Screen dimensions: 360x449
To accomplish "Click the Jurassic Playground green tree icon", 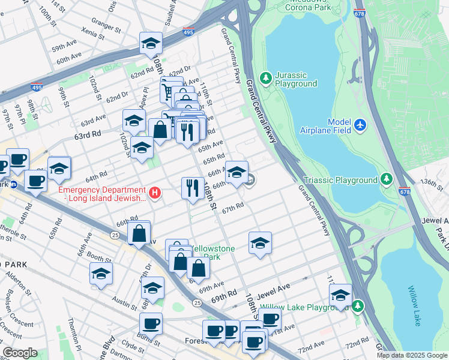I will tap(266, 79).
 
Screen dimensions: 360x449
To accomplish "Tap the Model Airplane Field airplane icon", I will tap(360, 125).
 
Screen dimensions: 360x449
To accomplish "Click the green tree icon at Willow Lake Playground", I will tap(358, 307).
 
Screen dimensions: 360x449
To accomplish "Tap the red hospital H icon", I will tap(155, 193).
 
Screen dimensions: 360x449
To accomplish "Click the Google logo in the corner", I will tap(20, 353).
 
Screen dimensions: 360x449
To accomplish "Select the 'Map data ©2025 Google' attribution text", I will tap(411, 355).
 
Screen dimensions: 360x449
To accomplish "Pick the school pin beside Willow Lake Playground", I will tap(340, 295).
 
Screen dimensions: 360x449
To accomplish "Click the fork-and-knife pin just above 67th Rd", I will tap(192, 188).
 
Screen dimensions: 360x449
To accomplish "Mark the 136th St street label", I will tap(435, 182).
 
